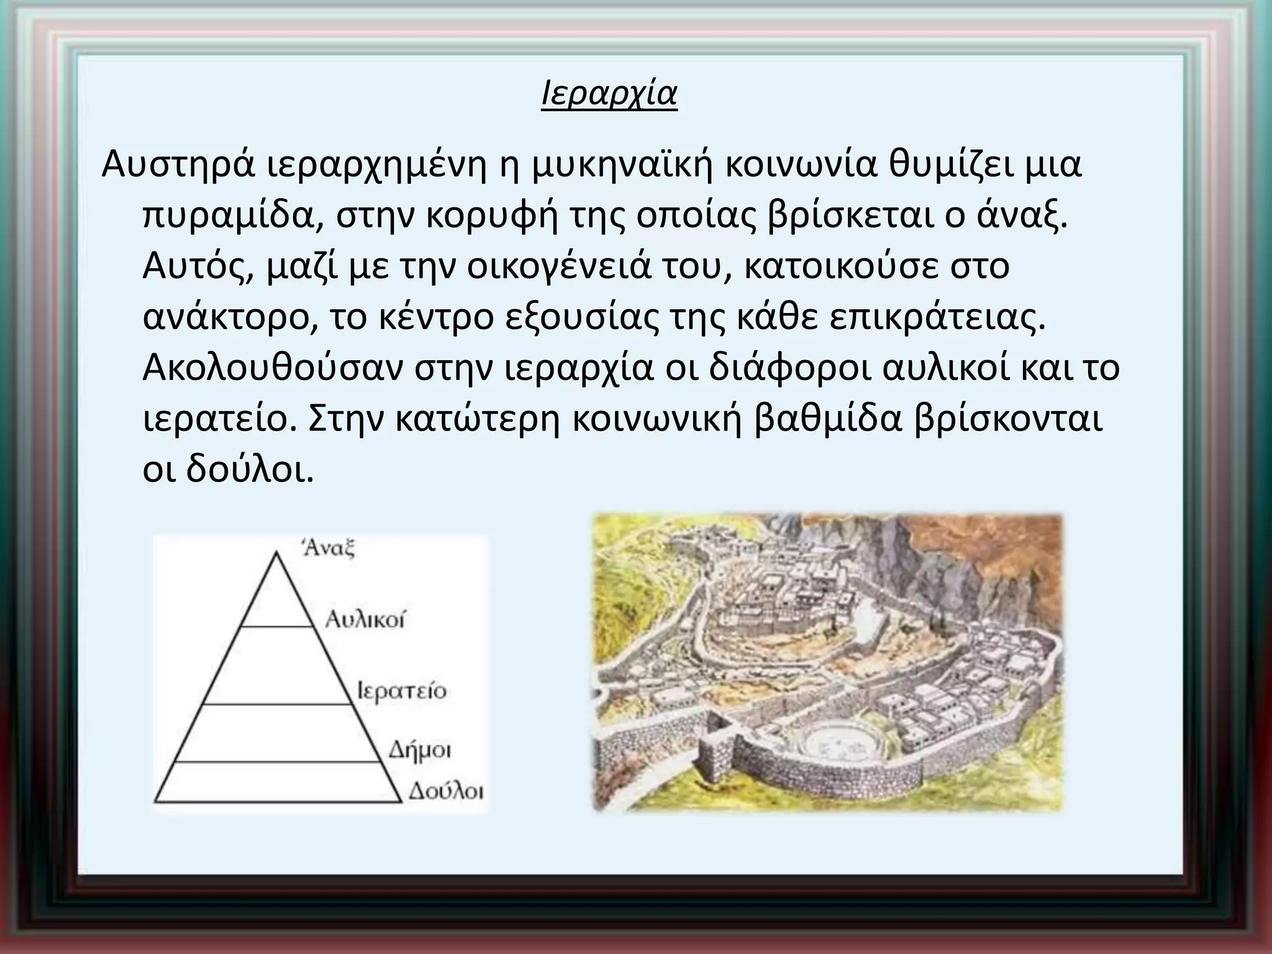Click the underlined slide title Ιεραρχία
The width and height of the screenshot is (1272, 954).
click(609, 94)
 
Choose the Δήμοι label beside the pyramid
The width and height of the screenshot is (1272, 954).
click(420, 750)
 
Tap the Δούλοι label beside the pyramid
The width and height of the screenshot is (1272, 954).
click(445, 792)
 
